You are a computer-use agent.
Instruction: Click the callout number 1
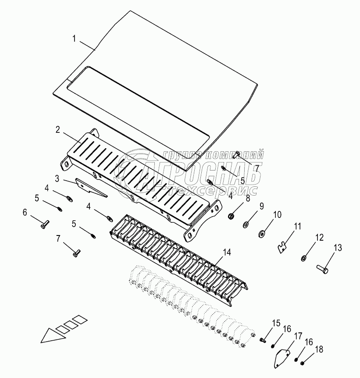(x=75, y=39)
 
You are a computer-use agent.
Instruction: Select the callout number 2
(x=57, y=130)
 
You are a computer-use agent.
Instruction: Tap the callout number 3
(x=57, y=178)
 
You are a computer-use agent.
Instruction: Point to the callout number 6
(x=25, y=212)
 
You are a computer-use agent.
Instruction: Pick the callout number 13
(x=337, y=248)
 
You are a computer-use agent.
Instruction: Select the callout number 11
(x=298, y=227)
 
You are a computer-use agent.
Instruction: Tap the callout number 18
(x=319, y=349)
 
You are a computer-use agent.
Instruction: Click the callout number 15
(x=275, y=324)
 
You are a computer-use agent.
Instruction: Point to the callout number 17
(x=298, y=336)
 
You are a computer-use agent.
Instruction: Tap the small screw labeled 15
(x=263, y=340)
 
